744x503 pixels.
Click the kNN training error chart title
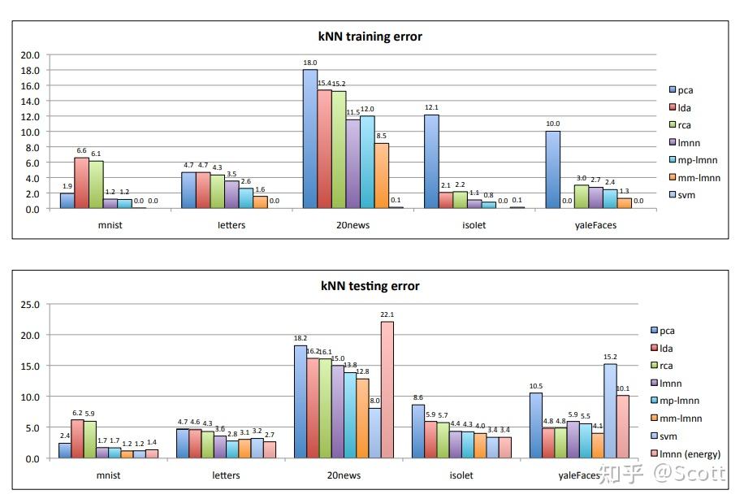point(370,36)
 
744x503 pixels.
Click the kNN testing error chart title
point(370,285)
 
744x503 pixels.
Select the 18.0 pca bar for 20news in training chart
point(310,139)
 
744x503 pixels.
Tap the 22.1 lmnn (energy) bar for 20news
point(387,390)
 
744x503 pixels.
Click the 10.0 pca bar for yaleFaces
point(553,170)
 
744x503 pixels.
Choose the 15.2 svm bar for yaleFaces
point(610,410)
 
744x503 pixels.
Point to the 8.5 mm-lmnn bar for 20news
point(381,176)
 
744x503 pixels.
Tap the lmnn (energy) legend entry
point(687,454)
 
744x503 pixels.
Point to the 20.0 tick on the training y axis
point(30,55)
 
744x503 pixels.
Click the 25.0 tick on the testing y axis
point(30,305)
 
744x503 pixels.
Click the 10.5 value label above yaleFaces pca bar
point(536,387)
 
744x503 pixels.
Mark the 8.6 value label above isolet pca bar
point(418,398)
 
